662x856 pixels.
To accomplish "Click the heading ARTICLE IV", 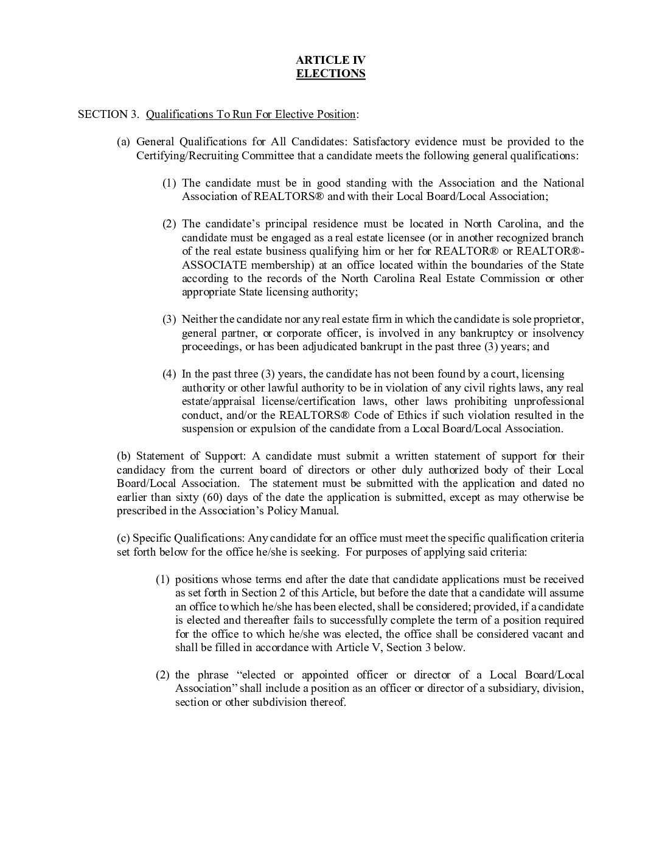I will (330, 60).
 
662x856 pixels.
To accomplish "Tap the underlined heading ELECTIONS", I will (330, 74).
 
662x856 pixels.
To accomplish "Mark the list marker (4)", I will (169, 374).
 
